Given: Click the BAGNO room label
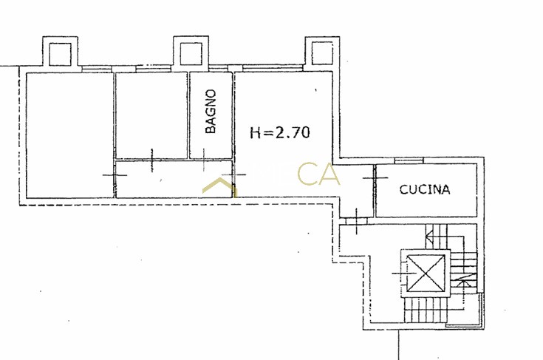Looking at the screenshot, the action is pyautogui.click(x=211, y=111).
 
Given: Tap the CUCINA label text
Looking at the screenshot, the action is pyautogui.click(x=425, y=189).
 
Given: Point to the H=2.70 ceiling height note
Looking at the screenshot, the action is pyautogui.click(x=280, y=132).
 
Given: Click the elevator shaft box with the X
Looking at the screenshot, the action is pyautogui.click(x=426, y=274).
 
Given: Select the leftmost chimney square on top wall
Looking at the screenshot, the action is pyautogui.click(x=61, y=54).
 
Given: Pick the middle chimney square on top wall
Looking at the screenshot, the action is pyautogui.click(x=191, y=53).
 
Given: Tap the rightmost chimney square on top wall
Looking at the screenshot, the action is pyautogui.click(x=322, y=53).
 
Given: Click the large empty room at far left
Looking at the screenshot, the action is pyautogui.click(x=69, y=135).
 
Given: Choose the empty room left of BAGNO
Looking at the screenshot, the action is pyautogui.click(x=151, y=115).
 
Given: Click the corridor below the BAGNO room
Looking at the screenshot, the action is pyautogui.click(x=174, y=179).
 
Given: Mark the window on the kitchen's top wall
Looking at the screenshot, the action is pyautogui.click(x=409, y=160).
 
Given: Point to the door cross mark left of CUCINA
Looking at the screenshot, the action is pyautogui.click(x=375, y=177).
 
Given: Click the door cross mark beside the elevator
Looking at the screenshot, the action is pyautogui.click(x=403, y=274).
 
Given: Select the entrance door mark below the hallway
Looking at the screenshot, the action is pyautogui.click(x=356, y=221).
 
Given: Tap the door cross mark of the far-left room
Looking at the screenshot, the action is pyautogui.click(x=115, y=175).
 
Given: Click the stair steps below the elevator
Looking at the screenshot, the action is pyautogui.click(x=426, y=310).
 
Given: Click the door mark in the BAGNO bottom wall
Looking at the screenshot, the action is pyautogui.click(x=204, y=160).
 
